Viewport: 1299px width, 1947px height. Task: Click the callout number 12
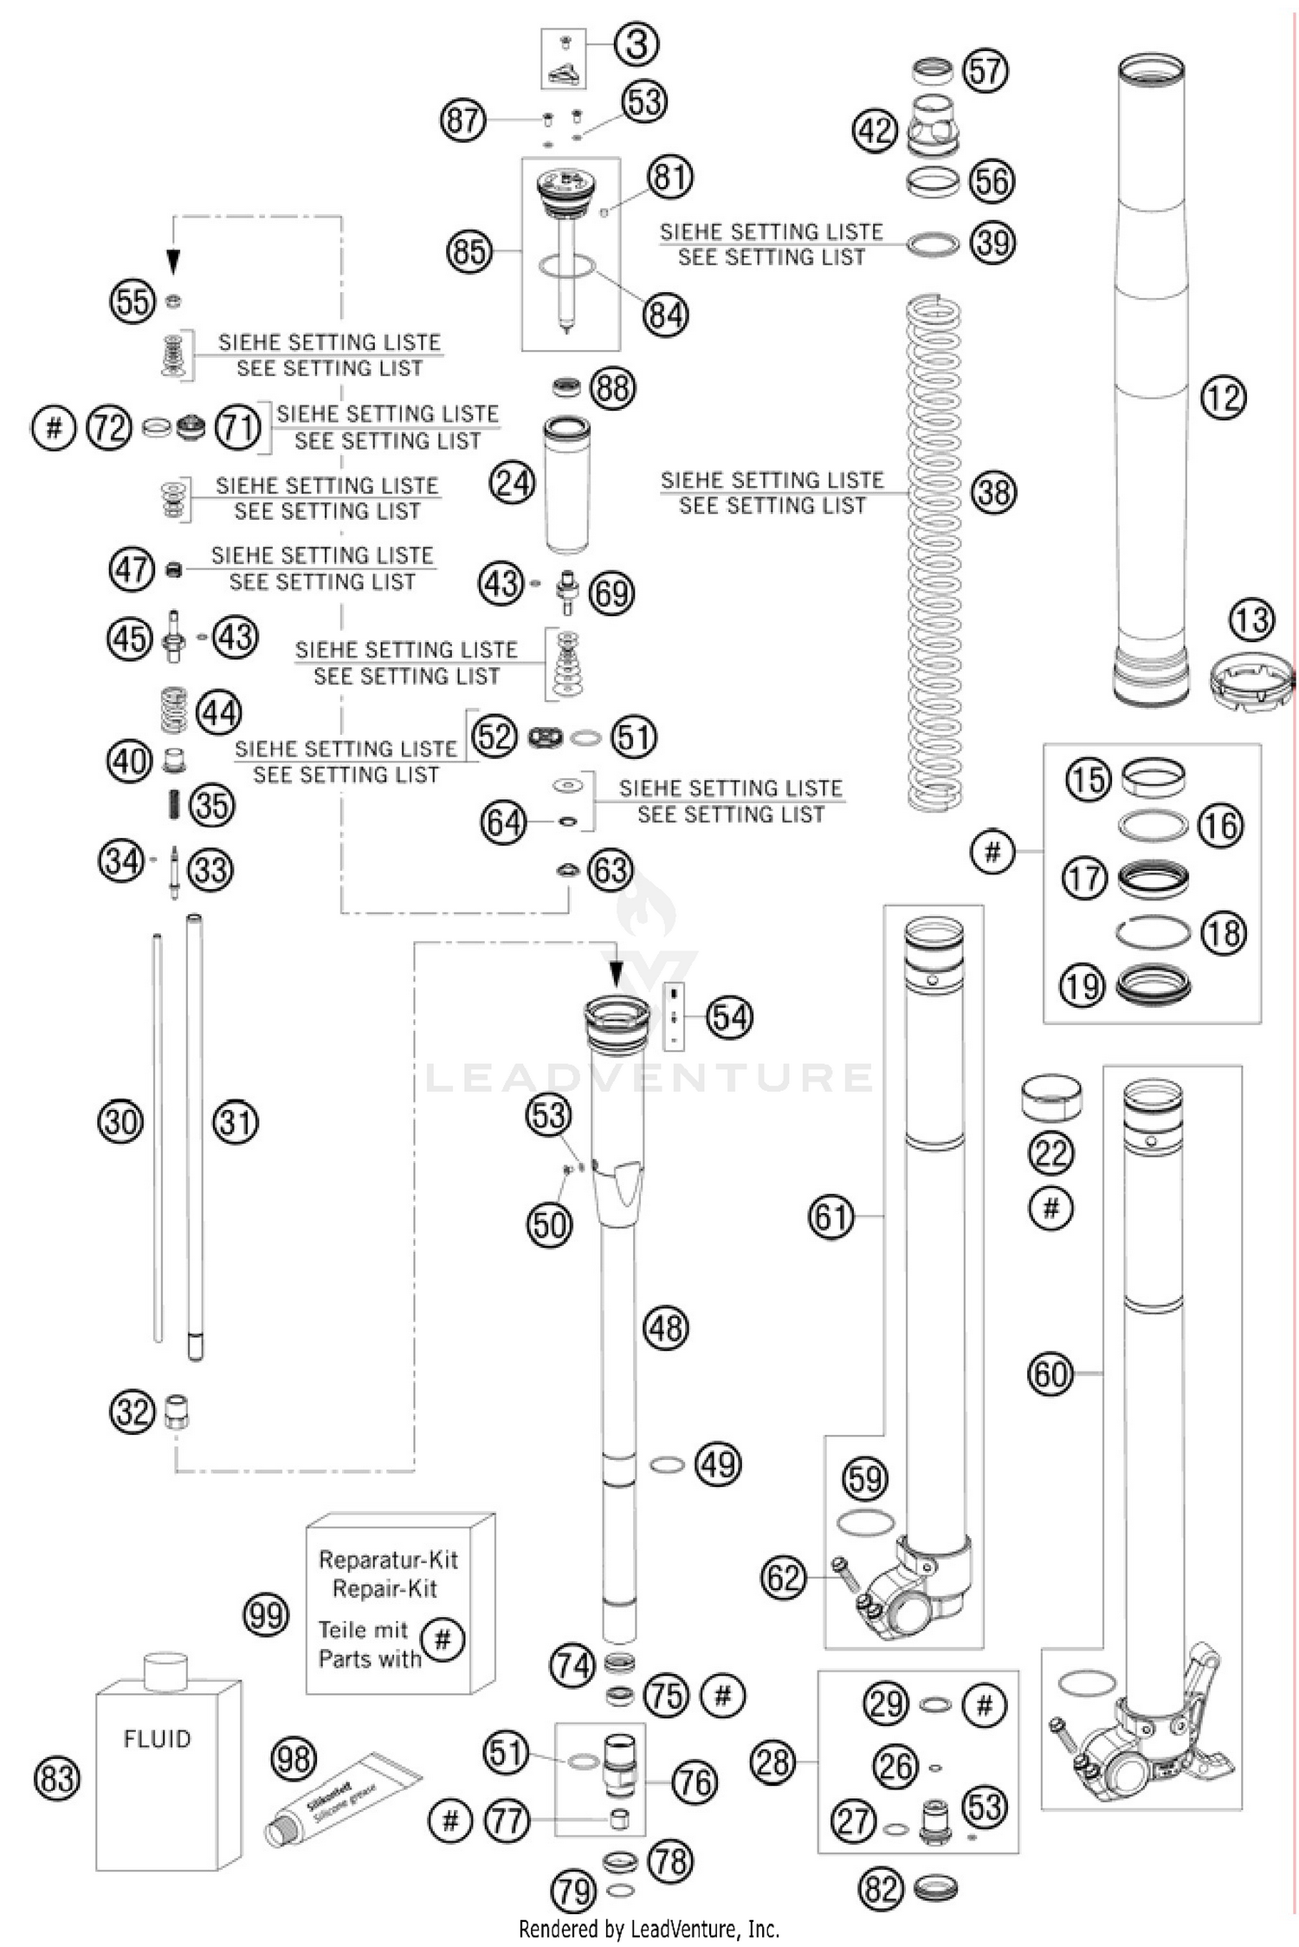[1223, 398]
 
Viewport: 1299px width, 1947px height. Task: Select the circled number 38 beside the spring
[992, 492]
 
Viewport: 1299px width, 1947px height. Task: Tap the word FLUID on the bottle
[157, 1738]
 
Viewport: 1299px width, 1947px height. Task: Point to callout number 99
[265, 1614]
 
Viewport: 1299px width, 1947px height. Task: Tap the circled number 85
[469, 251]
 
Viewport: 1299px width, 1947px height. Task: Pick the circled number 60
[1050, 1373]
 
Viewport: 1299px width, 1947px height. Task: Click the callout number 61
[831, 1217]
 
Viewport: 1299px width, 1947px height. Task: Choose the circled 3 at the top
[637, 44]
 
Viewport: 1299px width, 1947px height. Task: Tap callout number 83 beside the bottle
[57, 1779]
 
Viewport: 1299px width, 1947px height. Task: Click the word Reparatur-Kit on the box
[388, 1560]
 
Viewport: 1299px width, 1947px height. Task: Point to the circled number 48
[666, 1327]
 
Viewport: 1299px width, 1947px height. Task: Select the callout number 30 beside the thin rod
[120, 1122]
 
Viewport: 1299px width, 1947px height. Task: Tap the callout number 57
[985, 70]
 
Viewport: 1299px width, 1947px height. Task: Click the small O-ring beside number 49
[667, 1464]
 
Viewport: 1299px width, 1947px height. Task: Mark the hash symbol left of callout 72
[54, 427]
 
